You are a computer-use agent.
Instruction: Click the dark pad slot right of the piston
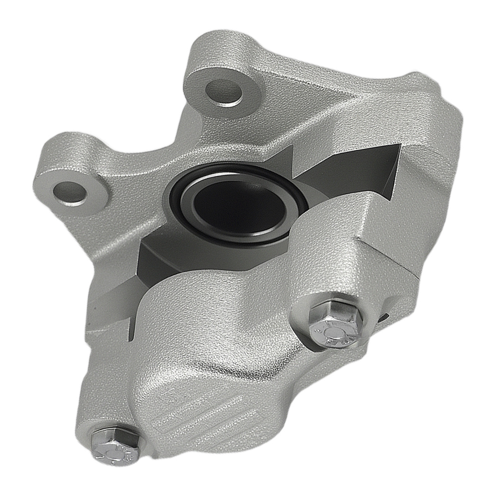click(357, 174)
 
